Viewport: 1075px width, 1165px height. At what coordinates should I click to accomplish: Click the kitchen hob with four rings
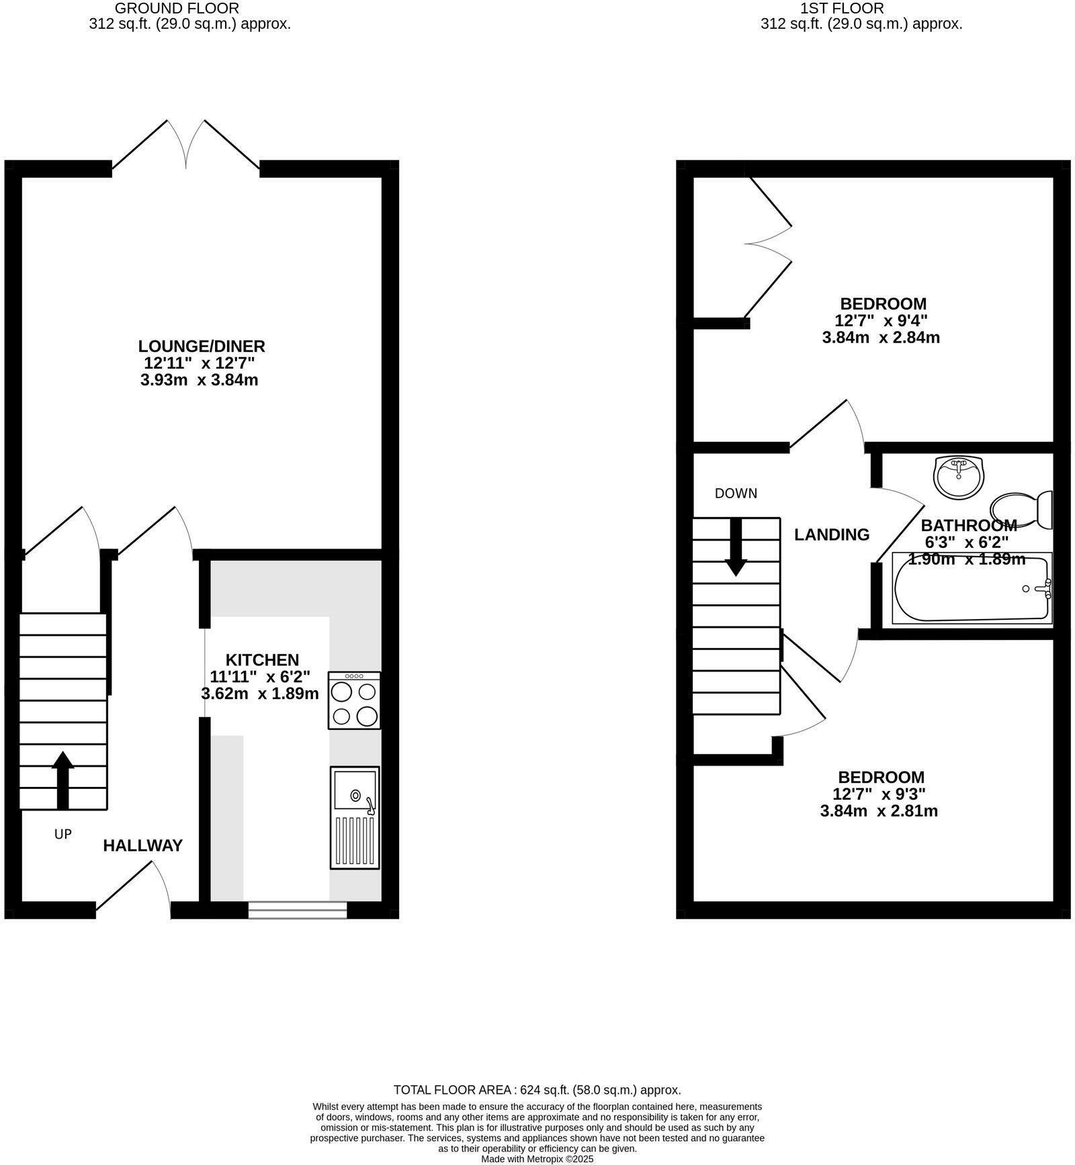(x=354, y=700)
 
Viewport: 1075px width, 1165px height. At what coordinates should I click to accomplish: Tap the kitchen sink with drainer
(x=355, y=817)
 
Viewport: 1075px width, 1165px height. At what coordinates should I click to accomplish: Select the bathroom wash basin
(x=958, y=477)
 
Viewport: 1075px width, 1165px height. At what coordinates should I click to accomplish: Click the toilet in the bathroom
(x=1021, y=510)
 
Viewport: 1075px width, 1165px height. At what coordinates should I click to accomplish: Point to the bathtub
(x=971, y=589)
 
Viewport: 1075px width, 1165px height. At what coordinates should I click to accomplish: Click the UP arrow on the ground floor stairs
(x=62, y=779)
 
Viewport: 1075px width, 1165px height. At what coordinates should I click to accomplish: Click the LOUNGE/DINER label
(x=202, y=346)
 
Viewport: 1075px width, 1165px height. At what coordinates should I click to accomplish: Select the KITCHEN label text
(x=262, y=659)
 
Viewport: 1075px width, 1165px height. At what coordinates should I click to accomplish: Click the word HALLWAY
(x=142, y=845)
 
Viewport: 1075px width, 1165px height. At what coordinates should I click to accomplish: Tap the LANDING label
(x=832, y=534)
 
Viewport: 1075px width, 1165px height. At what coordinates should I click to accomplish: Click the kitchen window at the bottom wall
(x=297, y=910)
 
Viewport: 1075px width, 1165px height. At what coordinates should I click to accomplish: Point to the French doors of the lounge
(x=185, y=144)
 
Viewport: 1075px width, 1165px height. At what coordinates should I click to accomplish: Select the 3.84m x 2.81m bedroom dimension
(x=879, y=811)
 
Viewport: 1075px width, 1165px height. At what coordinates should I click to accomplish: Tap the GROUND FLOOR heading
(x=177, y=9)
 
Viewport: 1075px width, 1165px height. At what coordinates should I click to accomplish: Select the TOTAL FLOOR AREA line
(x=537, y=1090)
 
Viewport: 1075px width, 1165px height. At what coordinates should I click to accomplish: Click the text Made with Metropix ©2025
(x=537, y=1159)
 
